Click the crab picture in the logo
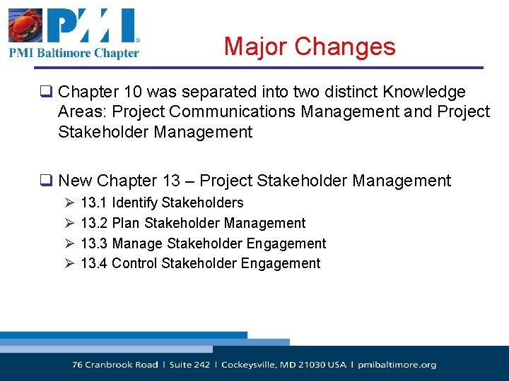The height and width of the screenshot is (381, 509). coord(26,26)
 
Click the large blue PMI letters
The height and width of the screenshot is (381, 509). coord(91,26)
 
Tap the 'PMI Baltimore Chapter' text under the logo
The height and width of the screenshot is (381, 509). coord(74,52)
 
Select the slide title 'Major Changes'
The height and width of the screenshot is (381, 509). coord(310,47)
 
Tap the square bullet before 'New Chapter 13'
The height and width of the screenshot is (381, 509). coord(48,181)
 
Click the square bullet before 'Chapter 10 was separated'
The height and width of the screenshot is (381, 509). coord(48,92)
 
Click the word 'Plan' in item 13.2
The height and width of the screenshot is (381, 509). coord(126,224)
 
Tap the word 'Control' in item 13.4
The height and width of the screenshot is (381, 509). coord(135,264)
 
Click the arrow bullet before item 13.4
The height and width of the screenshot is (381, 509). coord(69,264)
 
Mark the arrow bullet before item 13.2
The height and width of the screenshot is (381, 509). coord(69,224)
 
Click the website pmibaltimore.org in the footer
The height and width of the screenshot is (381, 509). coord(397,365)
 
